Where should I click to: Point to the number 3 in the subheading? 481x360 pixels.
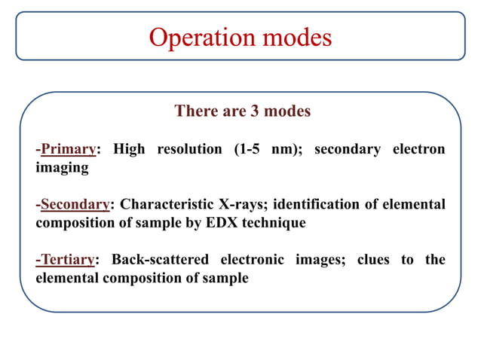point(256,111)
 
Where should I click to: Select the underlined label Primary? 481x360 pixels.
point(69,149)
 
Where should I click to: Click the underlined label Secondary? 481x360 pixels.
point(75,205)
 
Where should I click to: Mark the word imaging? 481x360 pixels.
point(62,168)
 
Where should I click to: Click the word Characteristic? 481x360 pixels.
point(167,205)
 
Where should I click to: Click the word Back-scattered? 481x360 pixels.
point(160,260)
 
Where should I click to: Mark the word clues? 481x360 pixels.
point(371,260)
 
